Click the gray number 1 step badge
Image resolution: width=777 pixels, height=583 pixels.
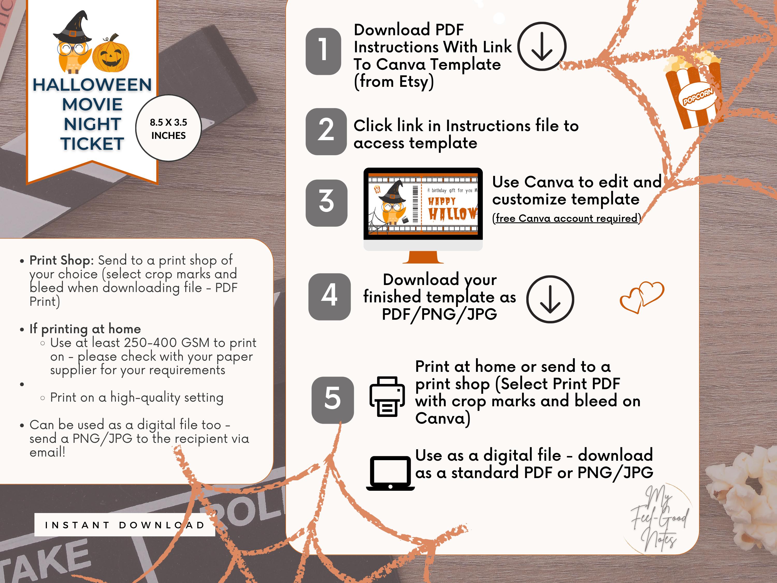[x=323, y=51]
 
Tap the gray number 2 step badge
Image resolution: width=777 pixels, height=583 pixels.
[x=326, y=131]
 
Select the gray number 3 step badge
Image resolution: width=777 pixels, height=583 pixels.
[x=326, y=203]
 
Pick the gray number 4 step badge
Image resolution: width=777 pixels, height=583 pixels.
[x=329, y=297]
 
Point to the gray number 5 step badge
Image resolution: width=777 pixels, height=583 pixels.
[x=332, y=400]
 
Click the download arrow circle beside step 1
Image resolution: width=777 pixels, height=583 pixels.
[x=541, y=46]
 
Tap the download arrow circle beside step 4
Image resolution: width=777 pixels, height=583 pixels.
[x=550, y=299]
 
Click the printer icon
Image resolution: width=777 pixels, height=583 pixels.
[x=387, y=396]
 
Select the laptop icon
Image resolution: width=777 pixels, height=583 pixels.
[x=390, y=473]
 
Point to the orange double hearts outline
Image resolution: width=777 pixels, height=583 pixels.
[x=642, y=297]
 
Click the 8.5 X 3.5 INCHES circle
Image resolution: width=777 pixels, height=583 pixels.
[x=168, y=128]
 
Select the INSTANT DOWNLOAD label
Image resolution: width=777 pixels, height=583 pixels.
[x=125, y=525]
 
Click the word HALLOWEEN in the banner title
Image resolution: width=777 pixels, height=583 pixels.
[x=92, y=85]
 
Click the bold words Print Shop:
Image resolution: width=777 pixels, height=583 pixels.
[x=61, y=260]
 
